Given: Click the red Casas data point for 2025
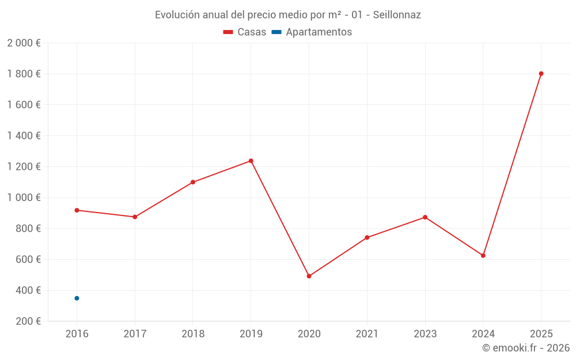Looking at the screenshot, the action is point(541,74).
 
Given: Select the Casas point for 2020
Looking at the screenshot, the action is point(309,276).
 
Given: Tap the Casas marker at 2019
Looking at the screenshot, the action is point(251,161).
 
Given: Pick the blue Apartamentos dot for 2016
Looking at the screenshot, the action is point(77,298).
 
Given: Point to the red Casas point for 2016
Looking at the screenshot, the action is point(77,210).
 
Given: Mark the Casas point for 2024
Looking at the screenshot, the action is point(483,256).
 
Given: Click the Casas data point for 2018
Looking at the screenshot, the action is point(193,182).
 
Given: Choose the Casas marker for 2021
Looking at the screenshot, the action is point(367,238).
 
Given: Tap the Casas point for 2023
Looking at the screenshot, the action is point(425,218).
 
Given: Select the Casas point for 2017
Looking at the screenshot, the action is point(135,217).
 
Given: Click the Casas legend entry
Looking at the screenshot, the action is point(245,32).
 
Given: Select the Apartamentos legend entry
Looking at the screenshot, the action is point(312,32).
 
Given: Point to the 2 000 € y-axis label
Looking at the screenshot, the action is point(24,43).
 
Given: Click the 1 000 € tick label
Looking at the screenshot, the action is point(24,198).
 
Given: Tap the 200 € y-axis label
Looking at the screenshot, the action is point(28,321).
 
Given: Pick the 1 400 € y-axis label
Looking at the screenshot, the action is point(24,136).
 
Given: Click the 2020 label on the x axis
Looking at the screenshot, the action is point(309,334).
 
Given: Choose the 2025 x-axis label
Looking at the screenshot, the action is point(541,334).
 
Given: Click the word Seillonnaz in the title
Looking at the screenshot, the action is point(397,15).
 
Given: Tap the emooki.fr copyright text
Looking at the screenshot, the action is point(526,348).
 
